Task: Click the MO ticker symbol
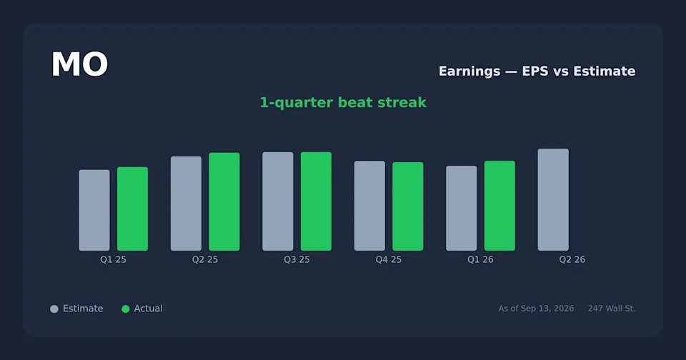(79, 64)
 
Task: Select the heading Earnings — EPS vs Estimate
(537, 71)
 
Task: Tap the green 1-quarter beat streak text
(343, 102)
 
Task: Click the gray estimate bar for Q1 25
(94, 210)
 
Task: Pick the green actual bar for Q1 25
(133, 209)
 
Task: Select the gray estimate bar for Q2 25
(186, 204)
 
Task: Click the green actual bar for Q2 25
(224, 201)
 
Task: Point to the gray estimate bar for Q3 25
(278, 201)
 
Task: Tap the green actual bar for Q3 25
(316, 201)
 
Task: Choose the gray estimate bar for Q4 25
(369, 206)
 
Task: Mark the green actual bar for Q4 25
(408, 206)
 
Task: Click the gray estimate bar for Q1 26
(462, 208)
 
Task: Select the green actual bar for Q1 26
(499, 206)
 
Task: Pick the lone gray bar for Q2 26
(553, 199)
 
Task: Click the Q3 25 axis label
(297, 259)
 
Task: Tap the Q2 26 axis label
(572, 259)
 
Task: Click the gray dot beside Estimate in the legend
(54, 309)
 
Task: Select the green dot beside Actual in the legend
(126, 309)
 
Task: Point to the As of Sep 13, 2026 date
(536, 309)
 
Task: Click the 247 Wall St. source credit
(611, 309)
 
